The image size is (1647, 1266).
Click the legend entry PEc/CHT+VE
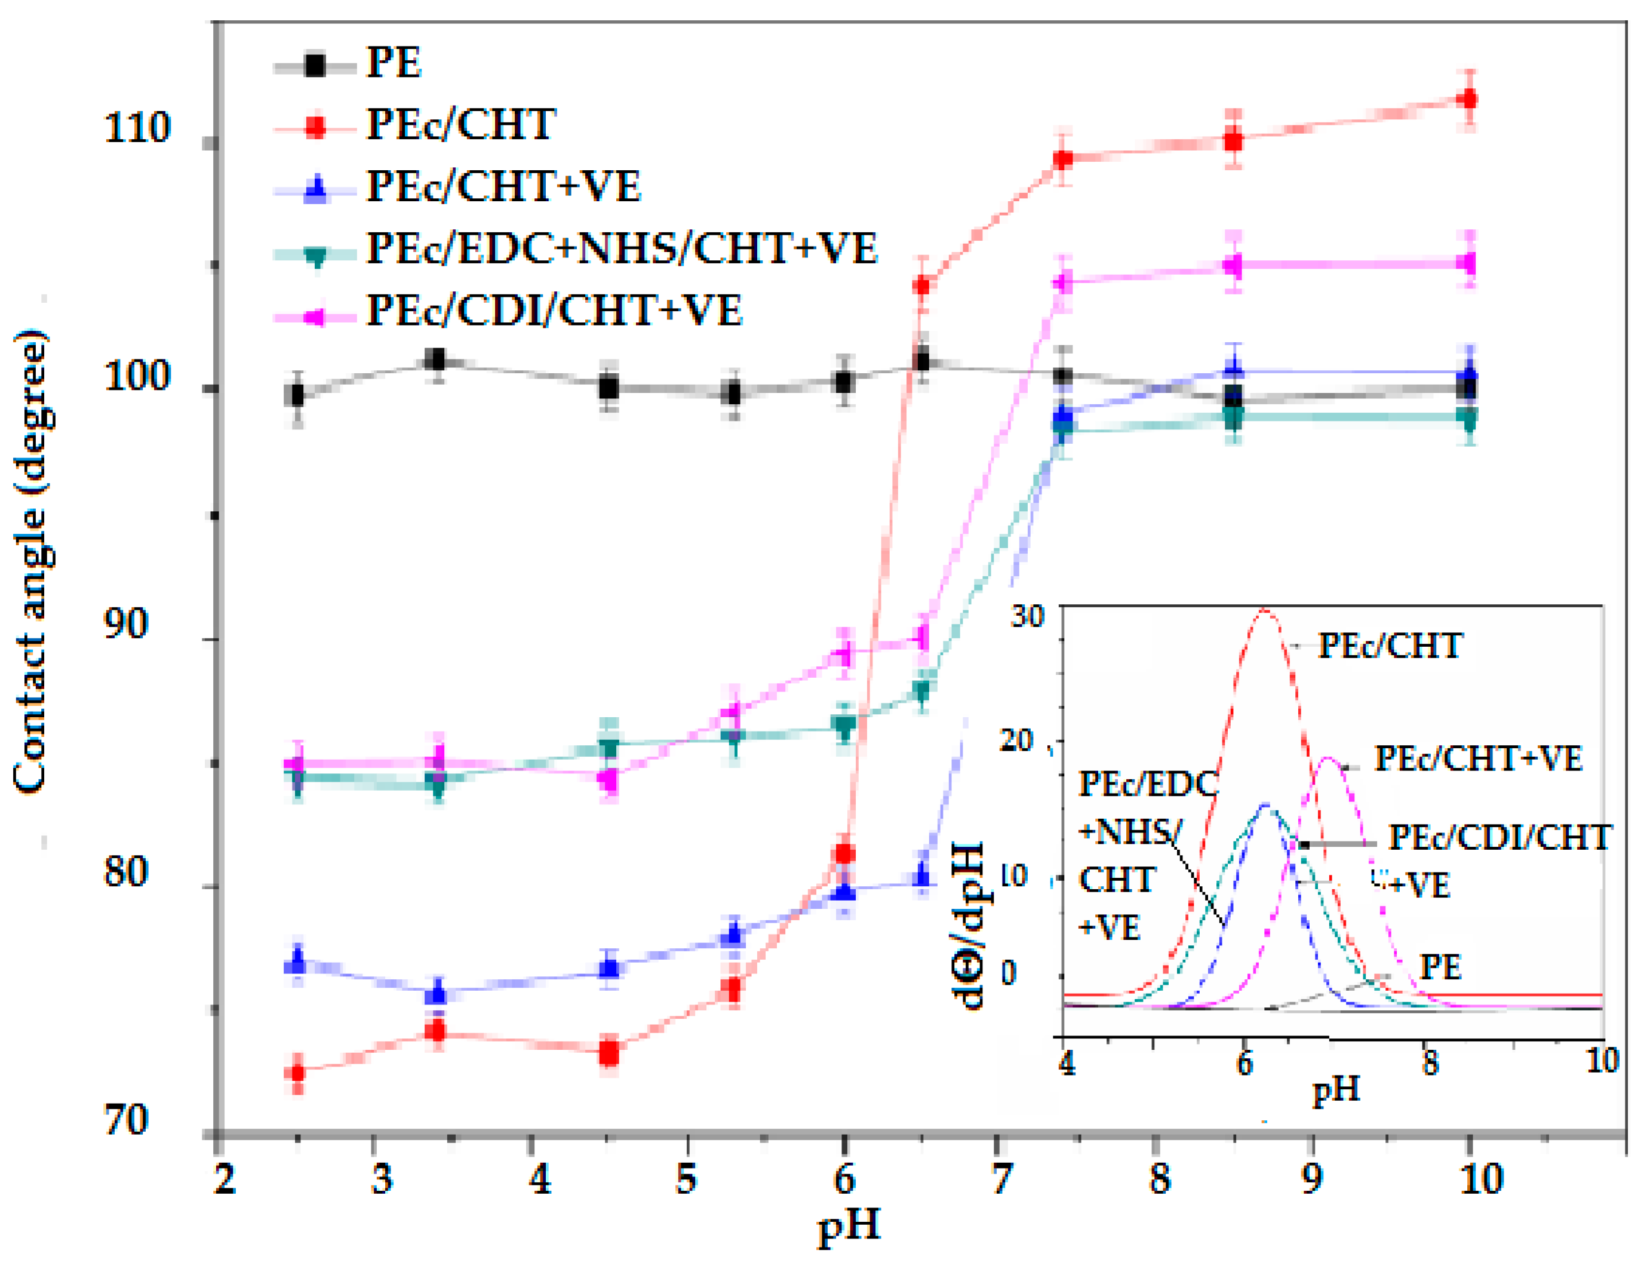(503, 186)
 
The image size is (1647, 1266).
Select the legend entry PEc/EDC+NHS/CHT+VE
(622, 248)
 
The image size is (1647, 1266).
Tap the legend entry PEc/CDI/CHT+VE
(554, 311)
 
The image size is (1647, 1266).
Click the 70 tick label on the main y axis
(125, 1120)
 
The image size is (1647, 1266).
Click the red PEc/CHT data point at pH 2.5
(297, 1071)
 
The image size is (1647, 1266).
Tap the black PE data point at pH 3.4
(435, 359)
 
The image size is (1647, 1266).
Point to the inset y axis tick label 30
(1027, 616)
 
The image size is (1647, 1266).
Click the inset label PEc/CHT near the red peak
(1390, 646)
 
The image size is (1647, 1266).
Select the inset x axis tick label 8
(1429, 1064)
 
